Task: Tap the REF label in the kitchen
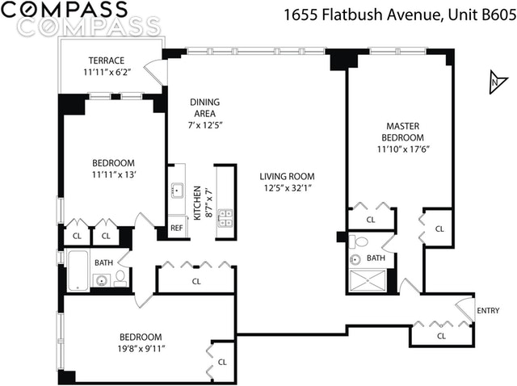177,229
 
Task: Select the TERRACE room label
107,61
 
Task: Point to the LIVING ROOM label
287,176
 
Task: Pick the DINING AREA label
204,107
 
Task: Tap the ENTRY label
488,311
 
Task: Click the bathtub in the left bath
78,270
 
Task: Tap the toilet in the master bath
361,241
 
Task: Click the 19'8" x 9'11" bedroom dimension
140,349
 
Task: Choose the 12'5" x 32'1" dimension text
287,188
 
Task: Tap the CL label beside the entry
441,336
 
